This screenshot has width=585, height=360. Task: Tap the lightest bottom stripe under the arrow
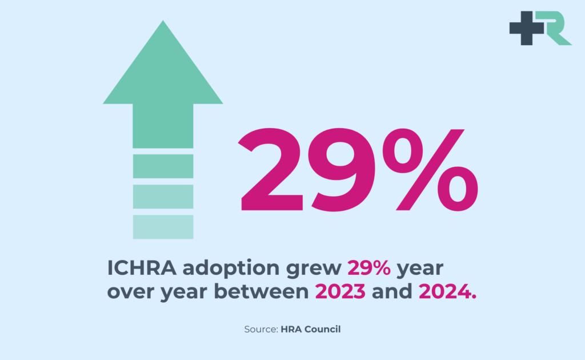point(163,227)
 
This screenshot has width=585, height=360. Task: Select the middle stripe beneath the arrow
point(163,197)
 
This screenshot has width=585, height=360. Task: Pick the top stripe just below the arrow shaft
point(163,166)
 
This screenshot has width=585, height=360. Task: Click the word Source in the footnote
point(261,330)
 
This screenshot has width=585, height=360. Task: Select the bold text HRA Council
point(310,330)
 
